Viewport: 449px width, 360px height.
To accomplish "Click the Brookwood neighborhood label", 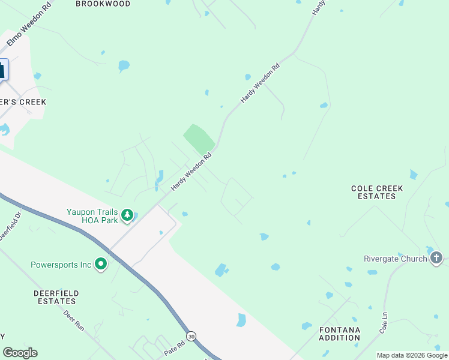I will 103,4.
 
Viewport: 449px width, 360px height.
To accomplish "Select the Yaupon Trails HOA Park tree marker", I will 127,215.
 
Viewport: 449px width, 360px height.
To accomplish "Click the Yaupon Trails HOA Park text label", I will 93,215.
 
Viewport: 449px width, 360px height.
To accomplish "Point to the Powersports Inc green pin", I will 100,264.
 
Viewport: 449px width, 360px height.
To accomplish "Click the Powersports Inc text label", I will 61,264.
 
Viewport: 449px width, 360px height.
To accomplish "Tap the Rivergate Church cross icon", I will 436,259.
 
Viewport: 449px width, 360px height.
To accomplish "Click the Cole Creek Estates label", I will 377,192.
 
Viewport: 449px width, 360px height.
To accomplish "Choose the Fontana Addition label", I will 340,334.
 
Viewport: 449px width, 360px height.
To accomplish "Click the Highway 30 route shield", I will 191,336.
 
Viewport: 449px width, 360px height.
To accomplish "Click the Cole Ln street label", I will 383,323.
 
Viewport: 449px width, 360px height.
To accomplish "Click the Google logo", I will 20,353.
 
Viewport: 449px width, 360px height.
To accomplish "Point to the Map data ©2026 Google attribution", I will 412,355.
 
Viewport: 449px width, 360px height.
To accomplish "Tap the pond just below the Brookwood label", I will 124,65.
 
